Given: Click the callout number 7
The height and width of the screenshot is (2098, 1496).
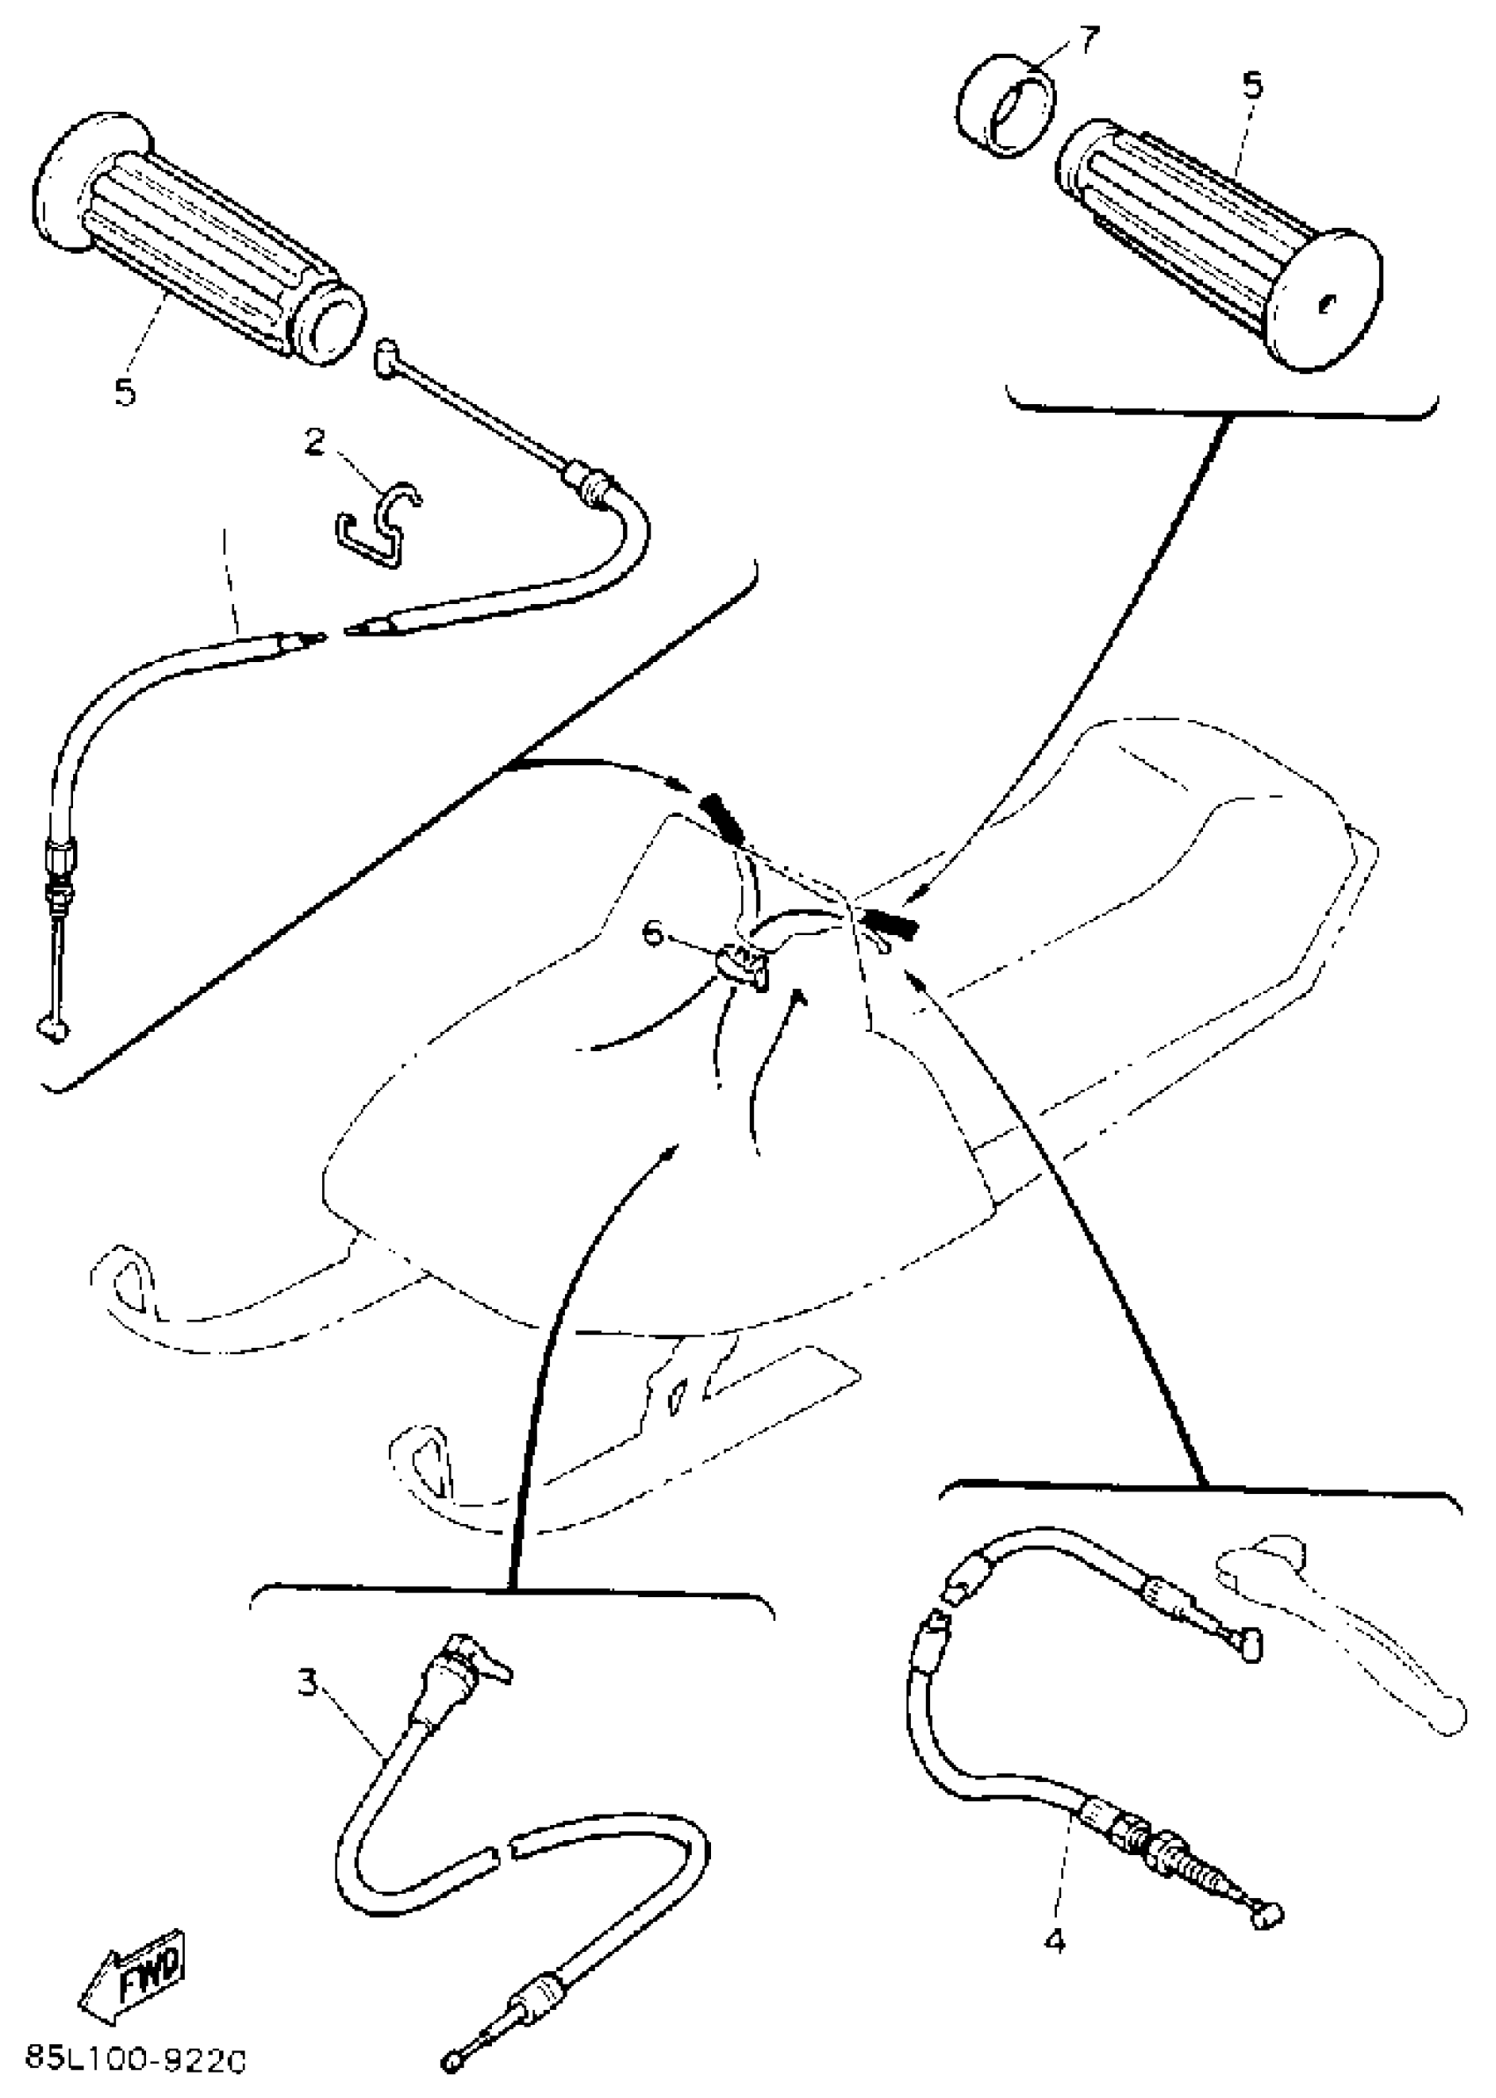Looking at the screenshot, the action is tap(1089, 42).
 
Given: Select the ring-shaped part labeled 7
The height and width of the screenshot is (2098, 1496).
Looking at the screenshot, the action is tap(1004, 108).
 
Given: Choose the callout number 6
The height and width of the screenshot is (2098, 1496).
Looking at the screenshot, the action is tap(653, 933).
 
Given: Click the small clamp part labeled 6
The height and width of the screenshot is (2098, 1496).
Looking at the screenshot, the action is tap(742, 968).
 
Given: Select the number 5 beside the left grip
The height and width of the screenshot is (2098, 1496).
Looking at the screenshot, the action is tap(125, 391).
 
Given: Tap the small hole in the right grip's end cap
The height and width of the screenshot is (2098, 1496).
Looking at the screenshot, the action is tap(1326, 302).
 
